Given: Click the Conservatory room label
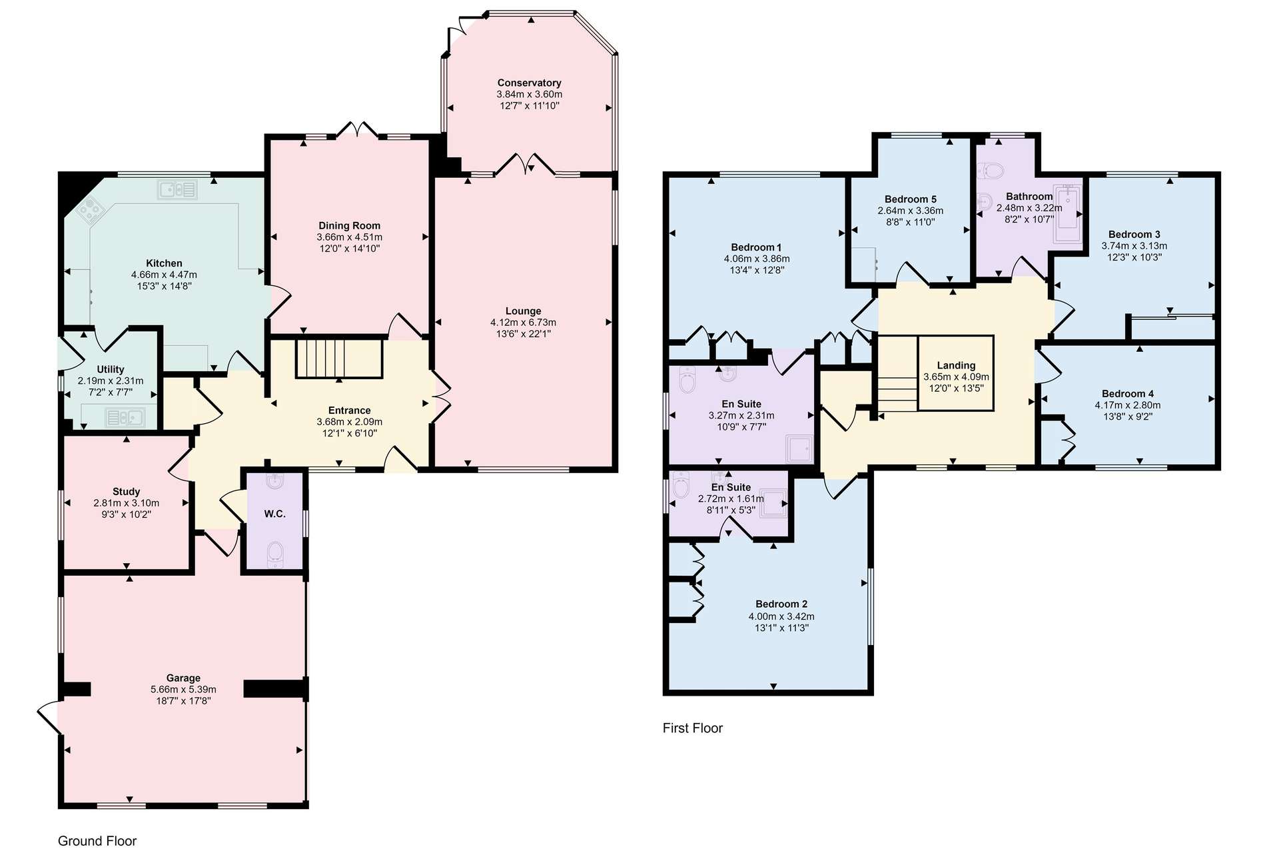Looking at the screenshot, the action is [x=529, y=83].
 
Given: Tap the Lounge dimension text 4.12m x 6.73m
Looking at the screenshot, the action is [x=523, y=323].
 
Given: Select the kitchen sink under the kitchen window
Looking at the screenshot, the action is [x=177, y=189].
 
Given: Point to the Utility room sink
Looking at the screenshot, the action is [x=125, y=418].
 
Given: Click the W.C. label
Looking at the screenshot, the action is [x=274, y=514].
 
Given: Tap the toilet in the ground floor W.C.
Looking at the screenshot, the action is [x=275, y=554].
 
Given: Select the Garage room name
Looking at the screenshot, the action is [x=183, y=678].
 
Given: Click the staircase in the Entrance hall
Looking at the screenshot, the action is [x=339, y=359].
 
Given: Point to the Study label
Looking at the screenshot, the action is [x=126, y=492].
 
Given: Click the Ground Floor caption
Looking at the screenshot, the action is [x=97, y=841].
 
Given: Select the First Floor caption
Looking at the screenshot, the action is [x=693, y=728].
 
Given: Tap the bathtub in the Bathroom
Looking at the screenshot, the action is [x=1067, y=215].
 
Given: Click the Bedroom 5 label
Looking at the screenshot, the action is [x=911, y=199].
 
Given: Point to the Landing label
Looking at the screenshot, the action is [x=956, y=365].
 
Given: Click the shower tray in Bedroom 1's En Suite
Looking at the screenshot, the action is [x=800, y=448].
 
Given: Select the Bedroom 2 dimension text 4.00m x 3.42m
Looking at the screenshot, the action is [x=781, y=616].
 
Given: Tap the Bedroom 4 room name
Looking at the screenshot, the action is [x=1128, y=394].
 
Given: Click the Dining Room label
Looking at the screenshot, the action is [x=349, y=226].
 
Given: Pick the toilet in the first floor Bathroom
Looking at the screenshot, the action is [x=991, y=172].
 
